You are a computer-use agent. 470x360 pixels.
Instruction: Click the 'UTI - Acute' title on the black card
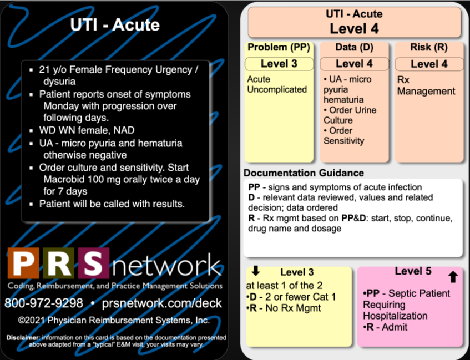point(115,25)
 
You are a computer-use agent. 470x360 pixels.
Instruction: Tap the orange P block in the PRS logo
point(23,263)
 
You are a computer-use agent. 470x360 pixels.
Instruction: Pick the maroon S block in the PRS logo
point(93,263)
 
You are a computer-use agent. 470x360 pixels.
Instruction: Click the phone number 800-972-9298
point(44,303)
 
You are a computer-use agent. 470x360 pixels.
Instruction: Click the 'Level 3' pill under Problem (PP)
point(279,64)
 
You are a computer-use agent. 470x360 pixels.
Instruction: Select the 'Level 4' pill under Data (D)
point(354,64)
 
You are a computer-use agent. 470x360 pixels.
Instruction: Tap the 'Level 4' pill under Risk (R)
point(429,64)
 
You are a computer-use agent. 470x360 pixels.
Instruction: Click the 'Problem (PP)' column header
point(279,47)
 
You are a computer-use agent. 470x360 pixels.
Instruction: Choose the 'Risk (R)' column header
point(429,47)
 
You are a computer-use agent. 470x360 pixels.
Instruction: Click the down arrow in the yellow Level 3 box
point(256,271)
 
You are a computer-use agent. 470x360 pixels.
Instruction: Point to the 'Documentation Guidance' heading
point(304,173)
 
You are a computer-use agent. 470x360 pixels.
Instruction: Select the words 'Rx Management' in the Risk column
point(426,85)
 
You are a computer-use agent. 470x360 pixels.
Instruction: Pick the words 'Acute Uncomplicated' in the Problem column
point(277,84)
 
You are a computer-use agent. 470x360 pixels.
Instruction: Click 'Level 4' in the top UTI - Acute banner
point(354,28)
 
